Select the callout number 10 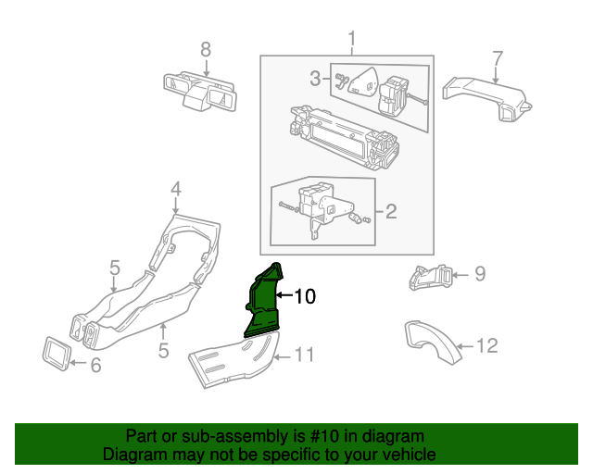tap(305, 296)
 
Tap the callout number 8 tap(206, 49)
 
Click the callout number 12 tap(486, 346)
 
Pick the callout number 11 tap(304, 355)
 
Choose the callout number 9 tap(480, 274)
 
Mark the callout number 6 tap(95, 365)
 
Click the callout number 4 tap(176, 189)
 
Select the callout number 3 tap(315, 79)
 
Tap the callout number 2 tap(391, 211)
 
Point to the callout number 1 tap(352, 39)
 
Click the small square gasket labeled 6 tap(56, 354)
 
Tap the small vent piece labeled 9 tap(430, 277)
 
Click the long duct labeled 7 tap(487, 97)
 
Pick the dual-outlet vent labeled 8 tap(200, 92)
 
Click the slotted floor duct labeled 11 tap(234, 359)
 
